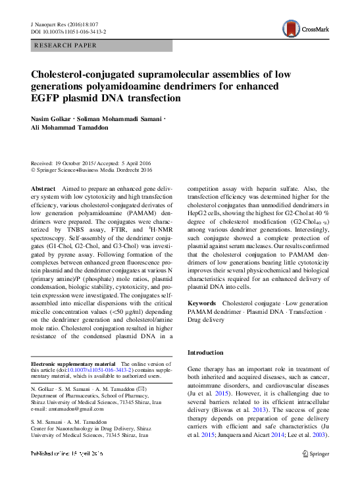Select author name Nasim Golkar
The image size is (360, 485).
[52, 119]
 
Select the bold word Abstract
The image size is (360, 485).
[43, 189]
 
